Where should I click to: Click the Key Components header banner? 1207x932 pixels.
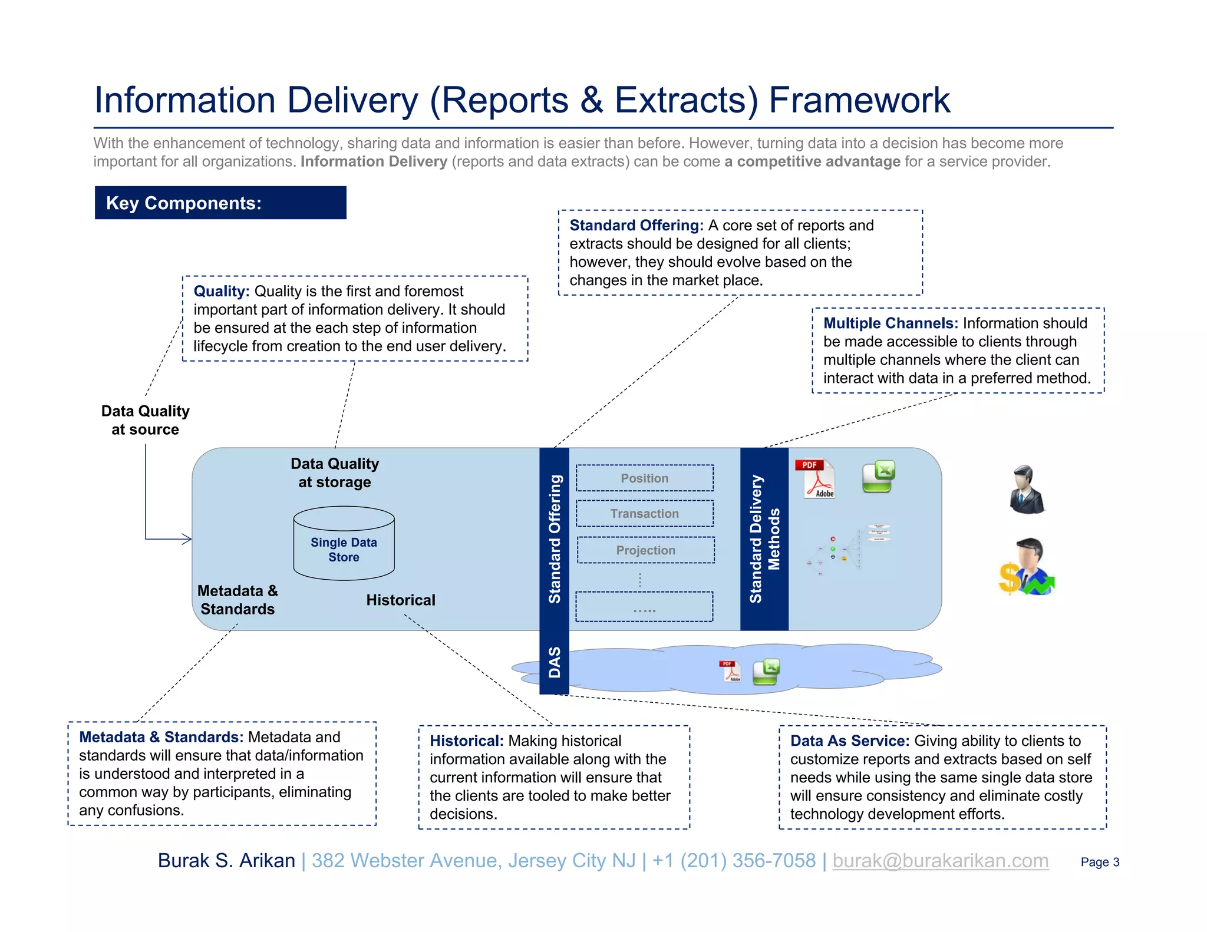pyautogui.click(x=220, y=203)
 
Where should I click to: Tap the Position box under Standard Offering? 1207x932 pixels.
pyautogui.click(x=644, y=478)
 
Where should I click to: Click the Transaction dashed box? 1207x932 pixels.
pyautogui.click(x=644, y=514)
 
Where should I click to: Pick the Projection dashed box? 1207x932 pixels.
pyautogui.click(x=645, y=550)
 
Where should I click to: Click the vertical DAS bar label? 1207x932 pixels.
pyautogui.click(x=554, y=662)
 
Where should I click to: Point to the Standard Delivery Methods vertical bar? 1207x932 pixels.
pyautogui.click(x=764, y=538)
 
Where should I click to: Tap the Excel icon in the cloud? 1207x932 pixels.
pyautogui.click(x=767, y=672)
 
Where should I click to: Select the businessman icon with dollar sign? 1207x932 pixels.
pyautogui.click(x=1026, y=567)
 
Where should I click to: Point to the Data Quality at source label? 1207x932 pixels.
pyautogui.click(x=145, y=420)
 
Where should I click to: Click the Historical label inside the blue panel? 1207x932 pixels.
pyautogui.click(x=401, y=600)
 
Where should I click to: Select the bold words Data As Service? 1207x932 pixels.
pyautogui.click(x=849, y=741)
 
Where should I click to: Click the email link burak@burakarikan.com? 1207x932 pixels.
pyautogui.click(x=940, y=861)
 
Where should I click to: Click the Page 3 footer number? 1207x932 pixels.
pyautogui.click(x=1099, y=862)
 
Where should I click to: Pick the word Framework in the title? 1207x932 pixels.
pyautogui.click(x=859, y=100)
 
